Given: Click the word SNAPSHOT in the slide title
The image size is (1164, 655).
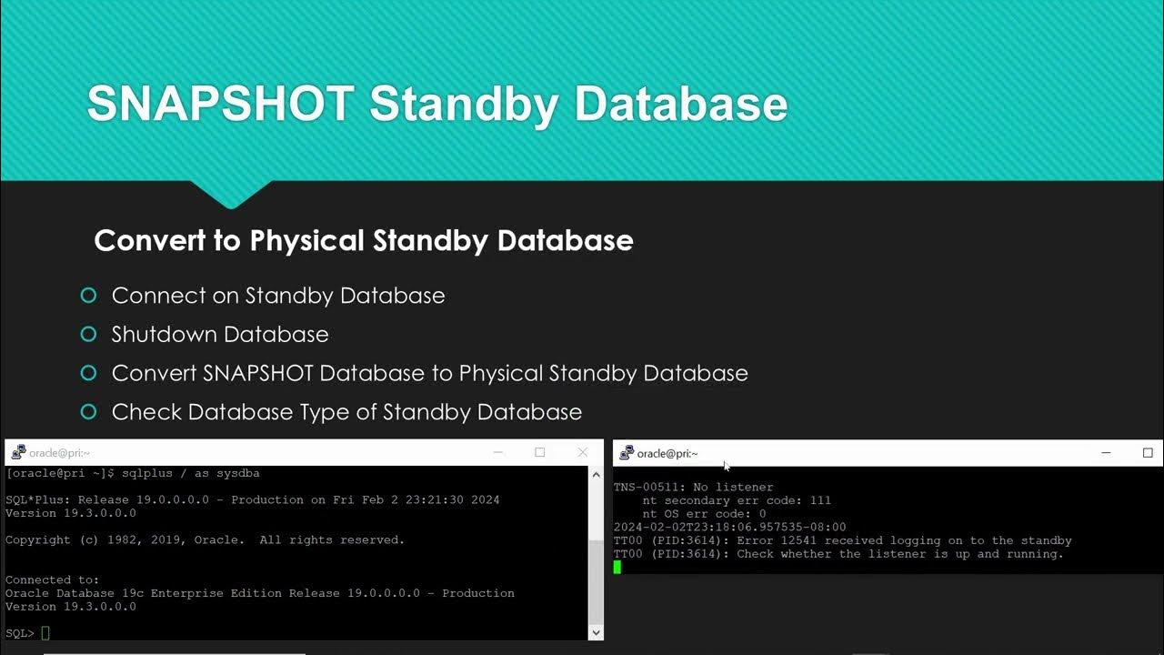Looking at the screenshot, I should pyautogui.click(x=220, y=104).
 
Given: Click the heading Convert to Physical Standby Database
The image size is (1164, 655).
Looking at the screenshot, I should pyautogui.click(x=364, y=240).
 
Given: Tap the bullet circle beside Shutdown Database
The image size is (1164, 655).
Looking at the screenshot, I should pyautogui.click(x=88, y=335).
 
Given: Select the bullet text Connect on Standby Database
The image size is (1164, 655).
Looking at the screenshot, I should pyautogui.click(x=277, y=296).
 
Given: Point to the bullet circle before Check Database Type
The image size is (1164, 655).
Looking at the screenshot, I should pyautogui.click(x=88, y=412).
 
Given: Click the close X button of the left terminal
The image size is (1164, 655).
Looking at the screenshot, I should pyautogui.click(x=583, y=452).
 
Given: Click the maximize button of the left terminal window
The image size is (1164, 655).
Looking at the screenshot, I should pyautogui.click(x=539, y=452).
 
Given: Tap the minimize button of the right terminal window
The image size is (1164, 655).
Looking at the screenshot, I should pyautogui.click(x=1106, y=452).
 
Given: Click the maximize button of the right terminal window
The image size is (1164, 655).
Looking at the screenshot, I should pyautogui.click(x=1148, y=452).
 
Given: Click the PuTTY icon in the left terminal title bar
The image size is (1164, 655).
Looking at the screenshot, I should pyautogui.click(x=18, y=452).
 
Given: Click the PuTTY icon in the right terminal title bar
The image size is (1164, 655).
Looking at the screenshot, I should pyautogui.click(x=626, y=452).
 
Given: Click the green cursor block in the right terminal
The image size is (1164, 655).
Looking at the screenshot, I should pyautogui.click(x=617, y=568).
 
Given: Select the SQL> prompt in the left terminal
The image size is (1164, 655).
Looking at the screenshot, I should pyautogui.click(x=20, y=633).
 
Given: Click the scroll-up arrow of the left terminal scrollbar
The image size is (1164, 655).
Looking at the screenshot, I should pyautogui.click(x=596, y=474).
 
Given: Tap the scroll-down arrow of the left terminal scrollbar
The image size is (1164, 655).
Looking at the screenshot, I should pyautogui.click(x=596, y=632).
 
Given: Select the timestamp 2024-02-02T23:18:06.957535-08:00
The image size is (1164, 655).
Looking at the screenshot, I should pyautogui.click(x=729, y=527).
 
